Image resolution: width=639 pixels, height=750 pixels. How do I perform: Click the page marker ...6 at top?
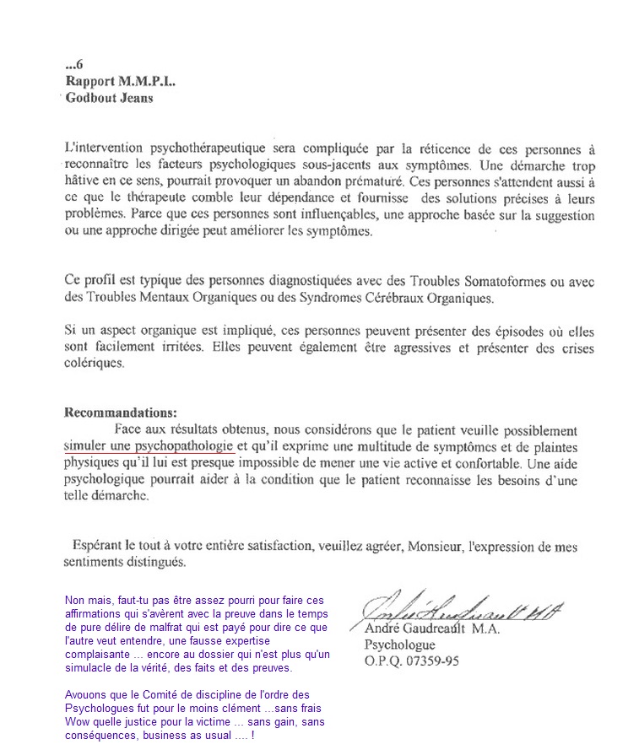[73, 63]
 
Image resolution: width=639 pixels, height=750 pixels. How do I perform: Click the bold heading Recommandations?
[121, 413]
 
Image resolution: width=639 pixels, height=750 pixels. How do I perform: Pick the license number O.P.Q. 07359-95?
[412, 661]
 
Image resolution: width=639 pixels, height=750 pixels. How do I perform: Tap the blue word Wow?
[78, 722]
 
